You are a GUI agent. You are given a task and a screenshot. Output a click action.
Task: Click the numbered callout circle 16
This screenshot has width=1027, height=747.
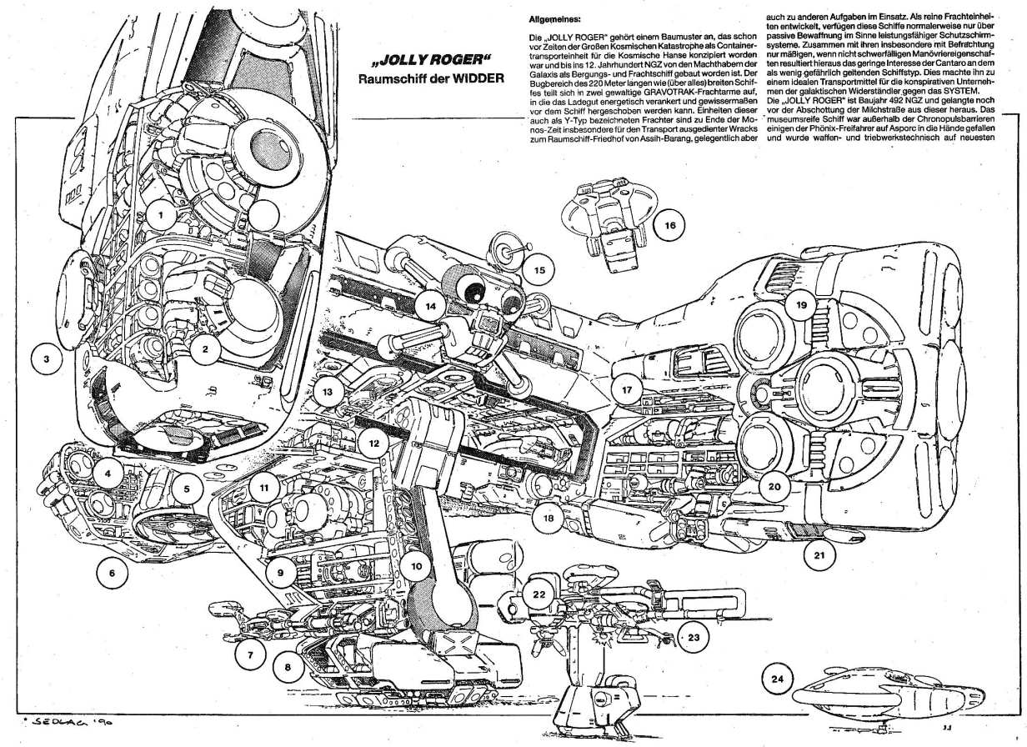[670, 224]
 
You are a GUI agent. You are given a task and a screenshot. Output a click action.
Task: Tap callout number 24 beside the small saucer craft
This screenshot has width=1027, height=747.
[778, 680]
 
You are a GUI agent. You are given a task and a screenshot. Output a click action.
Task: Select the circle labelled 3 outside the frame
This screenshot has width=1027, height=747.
[48, 360]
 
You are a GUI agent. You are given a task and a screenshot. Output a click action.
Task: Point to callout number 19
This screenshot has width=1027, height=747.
[800, 306]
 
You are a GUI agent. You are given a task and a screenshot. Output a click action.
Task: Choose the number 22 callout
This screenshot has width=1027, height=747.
[539, 594]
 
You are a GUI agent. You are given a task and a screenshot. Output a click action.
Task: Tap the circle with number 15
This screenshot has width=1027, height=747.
[539, 270]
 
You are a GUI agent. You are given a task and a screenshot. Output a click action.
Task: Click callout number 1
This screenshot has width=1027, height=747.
[160, 215]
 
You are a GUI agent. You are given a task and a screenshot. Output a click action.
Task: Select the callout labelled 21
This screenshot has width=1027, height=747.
[819, 553]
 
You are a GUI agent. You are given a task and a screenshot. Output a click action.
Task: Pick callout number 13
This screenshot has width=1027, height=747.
[328, 391]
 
